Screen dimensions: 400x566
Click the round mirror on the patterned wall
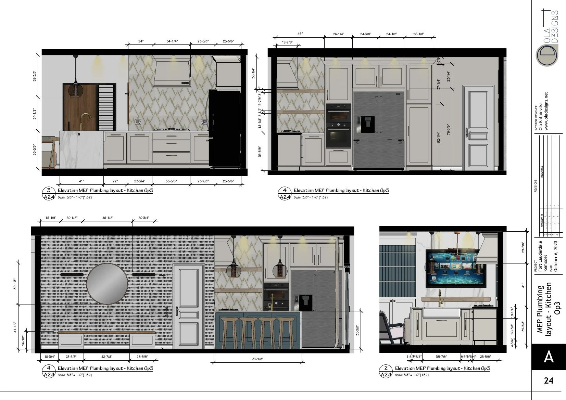point(107,284)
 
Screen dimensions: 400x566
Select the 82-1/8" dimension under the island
point(257,359)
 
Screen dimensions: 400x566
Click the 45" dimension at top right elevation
point(300,34)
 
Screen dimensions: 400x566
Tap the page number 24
point(549,380)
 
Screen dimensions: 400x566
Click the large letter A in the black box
point(549,357)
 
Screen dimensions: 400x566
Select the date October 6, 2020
point(556,256)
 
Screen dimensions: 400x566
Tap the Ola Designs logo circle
point(547,55)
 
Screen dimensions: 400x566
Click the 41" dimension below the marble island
point(81,181)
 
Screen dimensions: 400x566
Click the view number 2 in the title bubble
point(386,368)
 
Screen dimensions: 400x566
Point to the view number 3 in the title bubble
point(49,190)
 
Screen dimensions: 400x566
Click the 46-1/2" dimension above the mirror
point(108,218)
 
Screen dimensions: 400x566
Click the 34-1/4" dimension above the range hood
point(172,41)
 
